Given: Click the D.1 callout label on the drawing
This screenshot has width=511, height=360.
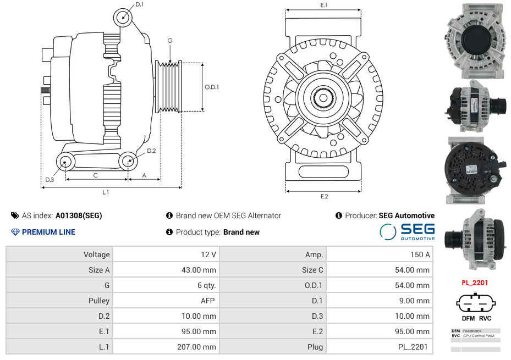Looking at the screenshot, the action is (x=140, y=4).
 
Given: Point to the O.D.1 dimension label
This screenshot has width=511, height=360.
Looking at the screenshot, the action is (x=212, y=87).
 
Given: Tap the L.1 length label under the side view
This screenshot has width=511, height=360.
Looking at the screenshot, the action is (x=106, y=192).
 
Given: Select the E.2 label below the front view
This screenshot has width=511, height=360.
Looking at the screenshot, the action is (x=324, y=196).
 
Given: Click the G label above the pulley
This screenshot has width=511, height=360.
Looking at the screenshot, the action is (x=170, y=41).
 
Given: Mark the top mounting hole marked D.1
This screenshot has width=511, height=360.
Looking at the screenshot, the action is (x=123, y=17).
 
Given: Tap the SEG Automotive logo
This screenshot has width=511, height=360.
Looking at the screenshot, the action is (x=407, y=232).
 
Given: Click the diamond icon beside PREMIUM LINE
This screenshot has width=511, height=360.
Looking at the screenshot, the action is (x=15, y=232).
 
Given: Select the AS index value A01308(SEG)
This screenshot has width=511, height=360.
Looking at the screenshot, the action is (x=79, y=215).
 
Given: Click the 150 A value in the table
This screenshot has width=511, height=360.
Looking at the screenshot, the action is (x=420, y=254).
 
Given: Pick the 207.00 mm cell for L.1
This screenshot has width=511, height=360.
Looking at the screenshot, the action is (x=196, y=347).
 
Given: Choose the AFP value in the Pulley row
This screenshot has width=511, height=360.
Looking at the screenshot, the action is (x=208, y=301).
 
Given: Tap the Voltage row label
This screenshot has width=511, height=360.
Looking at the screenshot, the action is (x=96, y=254).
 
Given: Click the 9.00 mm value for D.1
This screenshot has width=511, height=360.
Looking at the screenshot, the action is (x=414, y=301).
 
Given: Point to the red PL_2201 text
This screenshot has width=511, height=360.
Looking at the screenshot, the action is (x=475, y=283).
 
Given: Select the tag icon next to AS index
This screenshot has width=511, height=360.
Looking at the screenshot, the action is (x=15, y=215).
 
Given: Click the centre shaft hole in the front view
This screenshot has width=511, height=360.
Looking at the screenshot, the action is (x=323, y=98).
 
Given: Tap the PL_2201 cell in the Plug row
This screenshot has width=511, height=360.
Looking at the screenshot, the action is (x=413, y=347).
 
